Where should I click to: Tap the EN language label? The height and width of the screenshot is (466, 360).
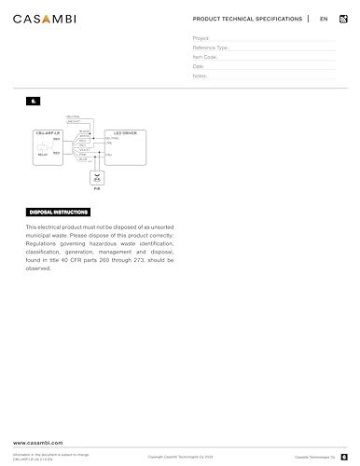point(324,19)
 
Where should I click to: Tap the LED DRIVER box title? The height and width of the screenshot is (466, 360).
point(126,133)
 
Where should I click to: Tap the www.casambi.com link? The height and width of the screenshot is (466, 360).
point(38,441)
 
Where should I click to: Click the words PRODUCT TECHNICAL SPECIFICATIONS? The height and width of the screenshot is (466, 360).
point(247,19)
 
